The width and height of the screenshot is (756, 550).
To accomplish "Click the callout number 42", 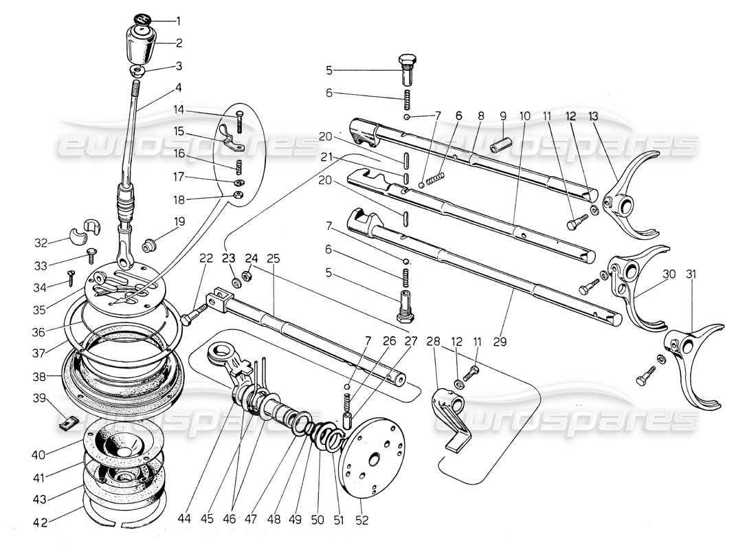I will coord(40,520).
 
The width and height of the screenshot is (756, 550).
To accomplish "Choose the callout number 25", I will coord(274,258).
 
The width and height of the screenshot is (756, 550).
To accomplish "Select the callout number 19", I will coord(180,221).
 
